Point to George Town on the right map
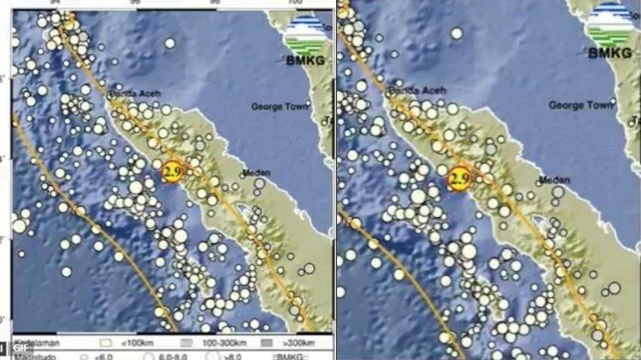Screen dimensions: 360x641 [580, 105]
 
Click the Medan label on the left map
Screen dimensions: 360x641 [255, 173]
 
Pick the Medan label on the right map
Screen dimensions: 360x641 [555, 180]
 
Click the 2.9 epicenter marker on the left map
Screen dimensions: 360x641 [171, 170]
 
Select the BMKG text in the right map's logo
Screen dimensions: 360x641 [610, 53]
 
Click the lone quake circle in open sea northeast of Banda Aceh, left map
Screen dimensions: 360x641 [169, 43]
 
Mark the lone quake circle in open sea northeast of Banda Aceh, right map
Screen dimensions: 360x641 [456, 34]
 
